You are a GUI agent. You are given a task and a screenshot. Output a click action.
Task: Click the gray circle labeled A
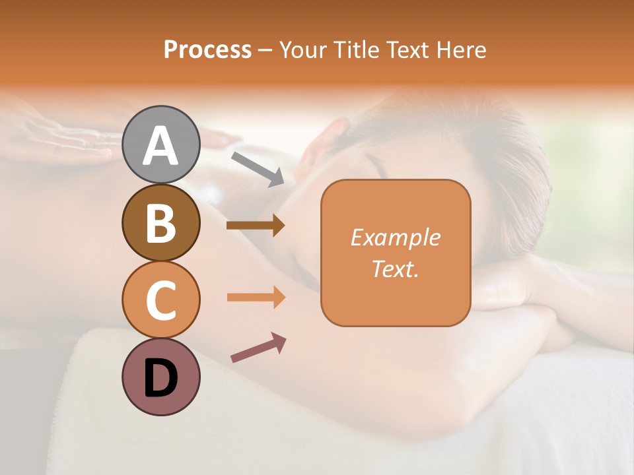pos(161,144)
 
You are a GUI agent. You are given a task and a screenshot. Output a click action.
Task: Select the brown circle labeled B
pos(161,222)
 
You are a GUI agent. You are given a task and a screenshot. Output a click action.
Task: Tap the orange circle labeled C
pos(161,300)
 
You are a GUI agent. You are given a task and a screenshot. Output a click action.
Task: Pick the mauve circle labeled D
pos(161,377)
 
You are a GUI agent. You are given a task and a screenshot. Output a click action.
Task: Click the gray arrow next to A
pos(258,168)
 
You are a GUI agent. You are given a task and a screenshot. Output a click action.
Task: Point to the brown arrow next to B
pos(256,226)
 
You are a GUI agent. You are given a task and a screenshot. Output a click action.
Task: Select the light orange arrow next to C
pos(256,298)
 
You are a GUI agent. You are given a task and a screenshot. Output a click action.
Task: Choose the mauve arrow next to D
pos(258,348)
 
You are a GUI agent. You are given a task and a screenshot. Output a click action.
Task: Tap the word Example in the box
pos(396,237)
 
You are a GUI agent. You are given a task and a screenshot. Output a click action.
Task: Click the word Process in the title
pos(207,49)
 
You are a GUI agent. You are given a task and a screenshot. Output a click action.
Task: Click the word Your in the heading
pos(300,49)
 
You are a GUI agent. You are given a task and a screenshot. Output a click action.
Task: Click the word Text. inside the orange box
pos(396,269)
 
